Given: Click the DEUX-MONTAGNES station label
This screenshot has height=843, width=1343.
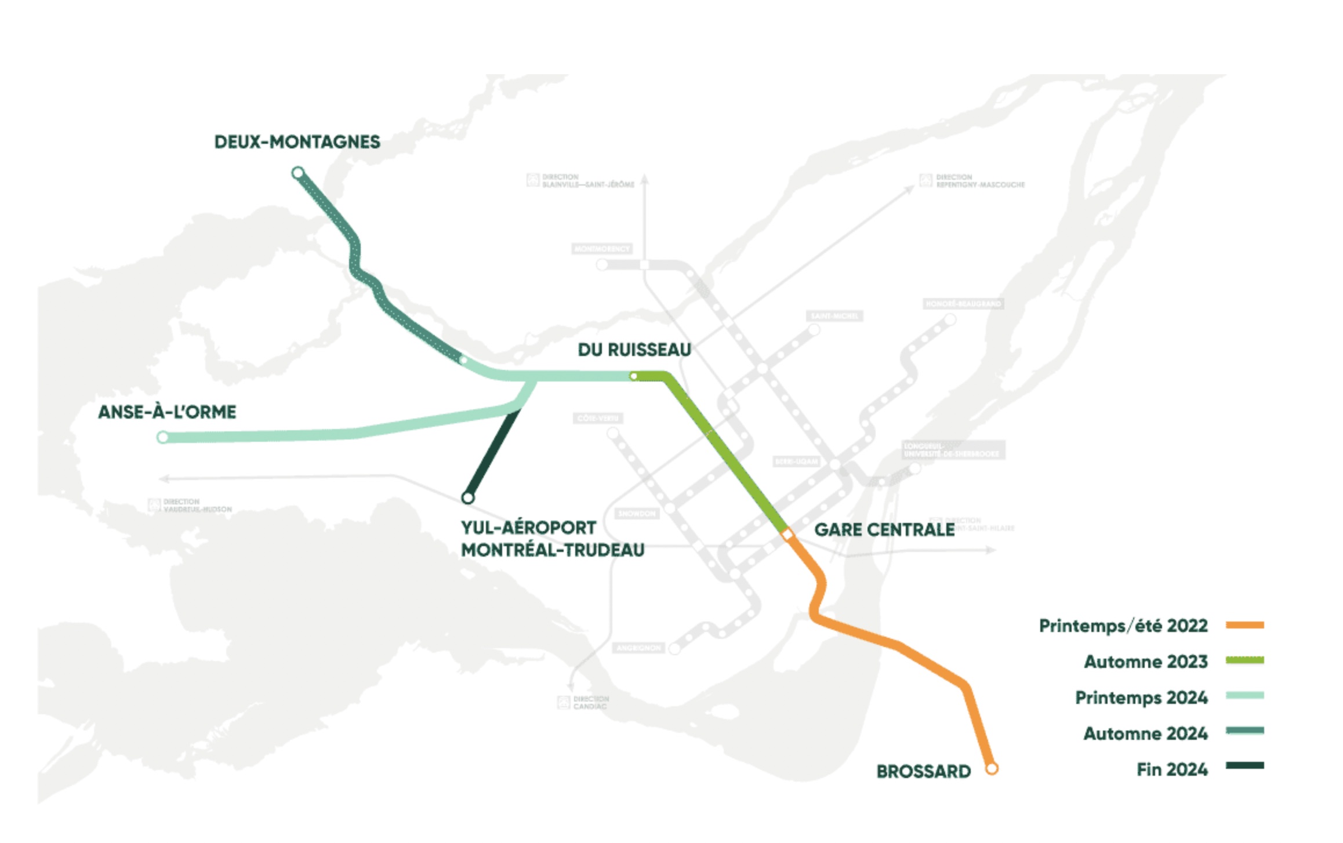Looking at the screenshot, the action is tap(297, 142).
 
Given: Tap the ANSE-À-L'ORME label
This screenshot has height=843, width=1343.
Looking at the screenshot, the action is tap(167, 412).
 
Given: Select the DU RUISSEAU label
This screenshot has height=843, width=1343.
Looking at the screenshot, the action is tap(634, 350).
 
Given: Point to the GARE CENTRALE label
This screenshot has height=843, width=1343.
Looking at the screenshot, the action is tap(884, 529).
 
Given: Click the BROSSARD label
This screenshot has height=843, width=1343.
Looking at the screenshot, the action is tap(923, 771).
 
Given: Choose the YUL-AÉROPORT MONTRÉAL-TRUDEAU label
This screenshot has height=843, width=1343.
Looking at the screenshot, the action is tap(552, 539).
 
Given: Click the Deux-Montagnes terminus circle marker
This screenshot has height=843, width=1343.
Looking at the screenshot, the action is tap(297, 173).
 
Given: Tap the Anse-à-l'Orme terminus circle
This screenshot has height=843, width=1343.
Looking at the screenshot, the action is tap(163, 437).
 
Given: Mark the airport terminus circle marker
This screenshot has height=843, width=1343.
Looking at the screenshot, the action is tap(468, 497).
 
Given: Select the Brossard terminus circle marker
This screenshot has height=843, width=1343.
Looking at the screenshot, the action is tap(992, 769).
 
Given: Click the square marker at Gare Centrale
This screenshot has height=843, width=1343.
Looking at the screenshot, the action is tap(787, 534).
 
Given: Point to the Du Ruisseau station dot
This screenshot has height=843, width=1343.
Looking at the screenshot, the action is tap(634, 376).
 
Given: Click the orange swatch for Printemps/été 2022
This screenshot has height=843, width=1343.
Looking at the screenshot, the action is tap(1244, 625).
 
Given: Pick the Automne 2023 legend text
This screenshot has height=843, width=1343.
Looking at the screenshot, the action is tap(1146, 662).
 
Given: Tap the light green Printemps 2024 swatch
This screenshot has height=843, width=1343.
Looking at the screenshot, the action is tap(1244, 695).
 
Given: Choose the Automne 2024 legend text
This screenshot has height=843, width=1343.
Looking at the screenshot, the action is tap(1146, 733).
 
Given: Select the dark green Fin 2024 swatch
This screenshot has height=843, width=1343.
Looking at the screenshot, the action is tap(1244, 765).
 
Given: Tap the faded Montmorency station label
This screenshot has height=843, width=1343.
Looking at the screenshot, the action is tap(601, 249).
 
